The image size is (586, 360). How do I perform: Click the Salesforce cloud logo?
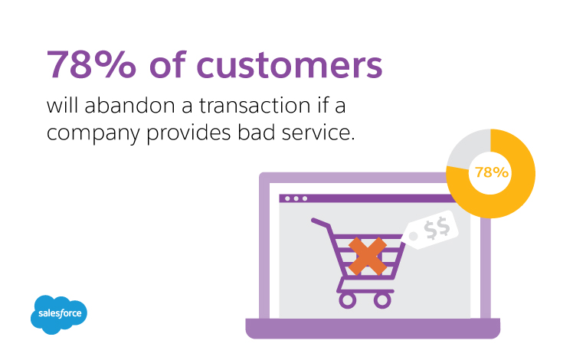[x=59, y=314]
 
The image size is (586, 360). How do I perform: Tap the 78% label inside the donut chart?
[x=492, y=172]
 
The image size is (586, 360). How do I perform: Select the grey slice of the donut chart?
[x=467, y=148]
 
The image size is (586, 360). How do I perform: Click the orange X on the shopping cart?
[x=368, y=256]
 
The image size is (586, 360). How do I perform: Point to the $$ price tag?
[x=430, y=230]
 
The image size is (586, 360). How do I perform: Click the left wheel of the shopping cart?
[x=348, y=299]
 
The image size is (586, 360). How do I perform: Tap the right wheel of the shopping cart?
[x=382, y=299]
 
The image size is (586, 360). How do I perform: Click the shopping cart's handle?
[x=321, y=223]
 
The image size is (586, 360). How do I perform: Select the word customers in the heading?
[x=290, y=65]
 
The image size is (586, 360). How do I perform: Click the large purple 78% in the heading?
[x=91, y=64]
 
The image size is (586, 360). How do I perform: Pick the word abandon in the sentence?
[x=129, y=106]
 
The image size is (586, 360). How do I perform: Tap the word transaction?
[x=254, y=106]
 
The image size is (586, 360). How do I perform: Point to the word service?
[x=318, y=133]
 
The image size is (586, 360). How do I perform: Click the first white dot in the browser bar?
[x=287, y=198]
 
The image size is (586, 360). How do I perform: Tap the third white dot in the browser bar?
[x=305, y=198]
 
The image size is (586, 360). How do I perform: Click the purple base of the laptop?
[x=372, y=329]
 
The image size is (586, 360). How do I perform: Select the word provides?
[x=188, y=134]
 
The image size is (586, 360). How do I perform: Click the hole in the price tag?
[x=414, y=236]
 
